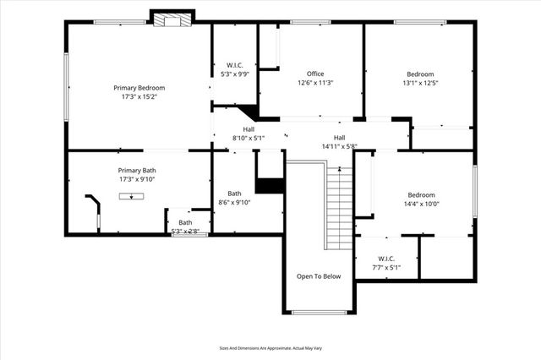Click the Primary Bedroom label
139,88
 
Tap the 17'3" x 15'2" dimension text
139,97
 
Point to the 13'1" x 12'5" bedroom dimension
420,83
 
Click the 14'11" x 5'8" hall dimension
339,146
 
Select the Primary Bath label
137,170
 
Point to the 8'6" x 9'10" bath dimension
234,202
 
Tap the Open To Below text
318,276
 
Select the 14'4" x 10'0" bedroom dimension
420,203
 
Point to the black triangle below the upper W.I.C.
247,114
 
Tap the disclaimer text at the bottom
271,347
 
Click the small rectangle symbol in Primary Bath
131,196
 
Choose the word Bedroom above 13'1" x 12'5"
420,74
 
